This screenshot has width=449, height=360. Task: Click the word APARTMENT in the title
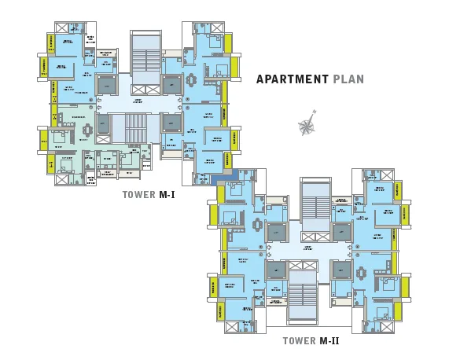[x=292, y=79]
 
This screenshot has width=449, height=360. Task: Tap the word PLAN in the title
[x=348, y=79]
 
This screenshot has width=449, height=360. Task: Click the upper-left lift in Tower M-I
[x=105, y=84]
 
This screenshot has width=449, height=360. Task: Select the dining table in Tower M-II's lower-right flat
[x=362, y=274]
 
